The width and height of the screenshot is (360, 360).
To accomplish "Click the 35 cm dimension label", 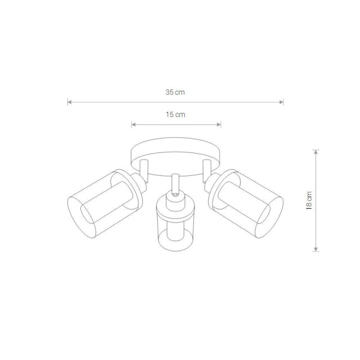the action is (x=175, y=92).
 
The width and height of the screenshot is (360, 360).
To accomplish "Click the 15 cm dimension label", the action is (x=175, y=115).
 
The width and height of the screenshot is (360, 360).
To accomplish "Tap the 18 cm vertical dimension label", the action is (x=309, y=200).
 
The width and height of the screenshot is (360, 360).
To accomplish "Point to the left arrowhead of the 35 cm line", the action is (x=70, y=102).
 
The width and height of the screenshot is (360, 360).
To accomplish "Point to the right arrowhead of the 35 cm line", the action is (x=281, y=102).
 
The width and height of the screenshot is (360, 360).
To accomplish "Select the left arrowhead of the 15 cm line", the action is (x=133, y=125).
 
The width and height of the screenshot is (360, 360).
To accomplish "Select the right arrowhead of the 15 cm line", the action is (x=219, y=125).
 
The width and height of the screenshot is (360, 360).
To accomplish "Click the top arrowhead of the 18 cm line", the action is (x=316, y=152).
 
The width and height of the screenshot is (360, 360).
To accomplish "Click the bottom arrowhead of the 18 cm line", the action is (x=316, y=250).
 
